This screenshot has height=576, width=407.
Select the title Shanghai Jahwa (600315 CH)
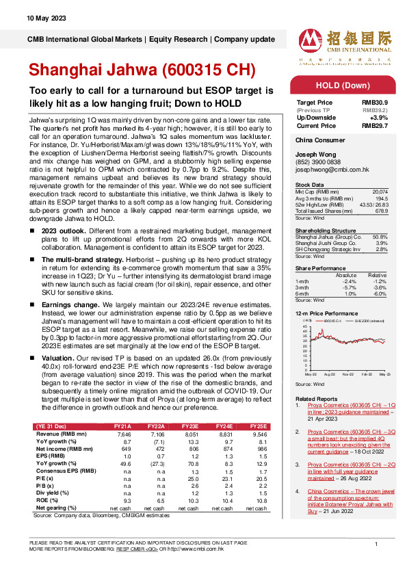click(142, 71)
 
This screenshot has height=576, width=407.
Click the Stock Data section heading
click(309, 185)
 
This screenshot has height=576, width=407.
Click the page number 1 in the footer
click(376, 543)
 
